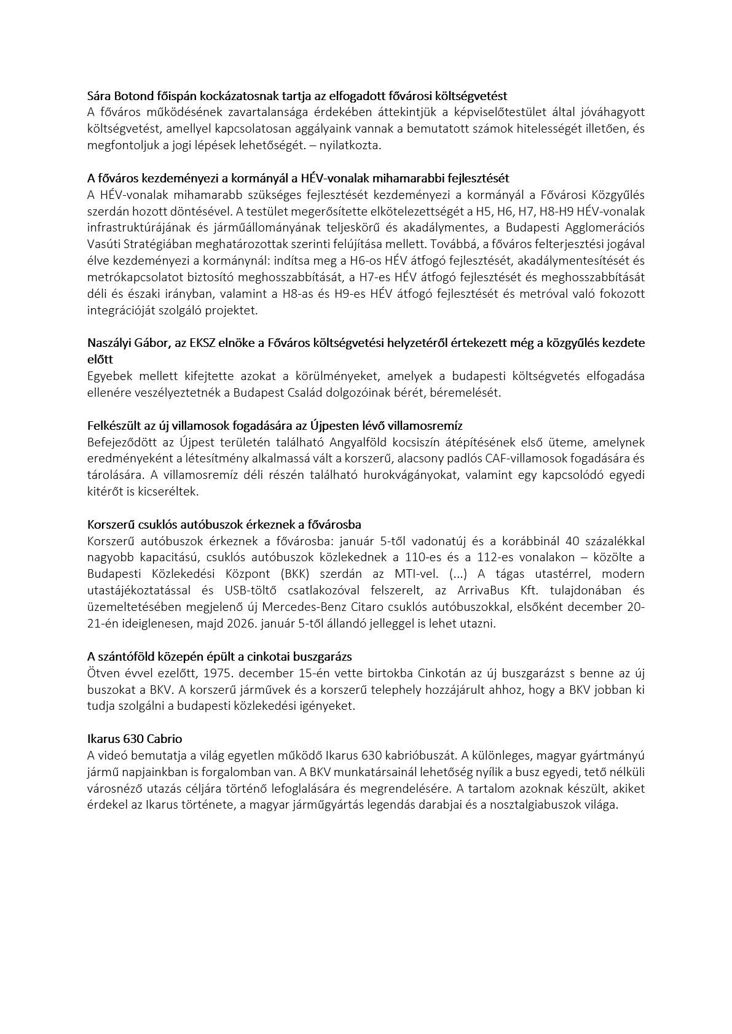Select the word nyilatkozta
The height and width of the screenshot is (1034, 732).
point(354,146)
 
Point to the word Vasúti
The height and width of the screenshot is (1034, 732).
point(103,244)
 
